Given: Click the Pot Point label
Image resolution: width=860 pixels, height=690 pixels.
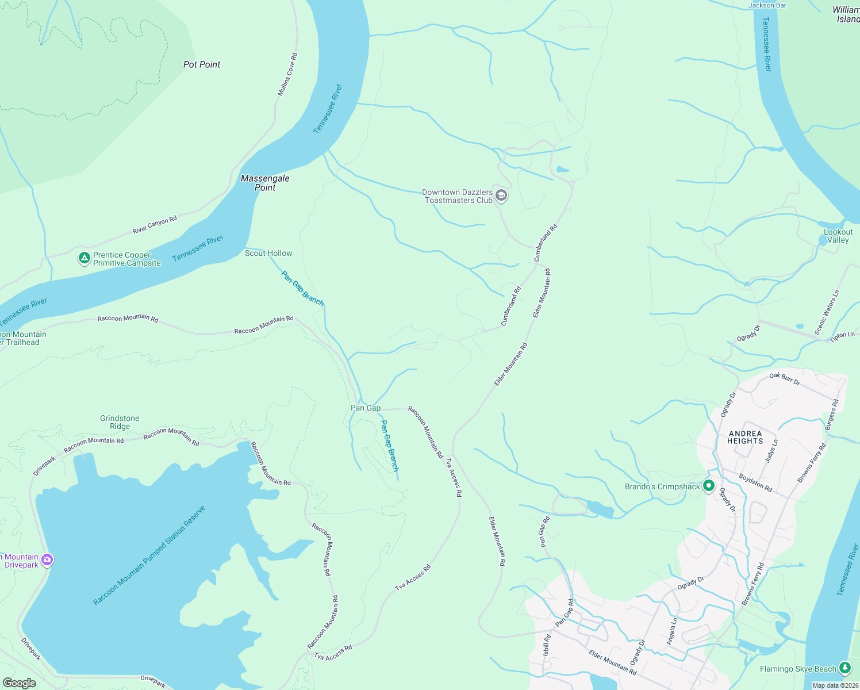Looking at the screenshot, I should (202, 64).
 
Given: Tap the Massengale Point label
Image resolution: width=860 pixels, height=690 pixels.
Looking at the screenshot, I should (265, 183).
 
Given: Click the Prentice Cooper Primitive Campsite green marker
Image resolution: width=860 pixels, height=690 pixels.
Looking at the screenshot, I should (85, 258).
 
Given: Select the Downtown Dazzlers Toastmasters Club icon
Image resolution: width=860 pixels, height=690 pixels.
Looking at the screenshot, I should (501, 196).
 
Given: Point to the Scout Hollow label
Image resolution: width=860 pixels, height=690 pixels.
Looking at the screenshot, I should (268, 253).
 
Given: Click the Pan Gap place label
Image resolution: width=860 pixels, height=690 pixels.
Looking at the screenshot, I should (366, 408).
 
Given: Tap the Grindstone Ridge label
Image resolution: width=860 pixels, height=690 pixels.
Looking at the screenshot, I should (120, 422).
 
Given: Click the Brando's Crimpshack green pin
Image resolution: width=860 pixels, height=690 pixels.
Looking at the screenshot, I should (709, 486).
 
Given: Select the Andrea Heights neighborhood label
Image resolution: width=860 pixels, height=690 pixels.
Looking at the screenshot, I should (745, 438).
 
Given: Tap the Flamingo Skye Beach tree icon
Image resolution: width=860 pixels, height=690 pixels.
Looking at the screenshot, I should (844, 668).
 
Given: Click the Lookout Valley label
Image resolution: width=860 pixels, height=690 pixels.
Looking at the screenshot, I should (838, 236).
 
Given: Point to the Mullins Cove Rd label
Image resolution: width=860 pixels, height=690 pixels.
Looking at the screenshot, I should (287, 74).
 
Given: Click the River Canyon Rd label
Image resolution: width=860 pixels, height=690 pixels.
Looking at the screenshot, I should (155, 225).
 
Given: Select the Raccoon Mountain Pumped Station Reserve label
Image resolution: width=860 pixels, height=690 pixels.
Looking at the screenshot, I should (149, 555).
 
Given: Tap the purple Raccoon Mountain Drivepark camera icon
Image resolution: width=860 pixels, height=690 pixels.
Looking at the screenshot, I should (47, 560).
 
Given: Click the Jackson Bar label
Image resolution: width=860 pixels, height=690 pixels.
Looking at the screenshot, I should (767, 5).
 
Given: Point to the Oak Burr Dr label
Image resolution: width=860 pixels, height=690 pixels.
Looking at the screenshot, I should (784, 378).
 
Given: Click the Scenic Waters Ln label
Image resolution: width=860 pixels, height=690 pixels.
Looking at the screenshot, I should (826, 312).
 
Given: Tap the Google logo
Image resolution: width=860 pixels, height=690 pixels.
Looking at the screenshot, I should (20, 683).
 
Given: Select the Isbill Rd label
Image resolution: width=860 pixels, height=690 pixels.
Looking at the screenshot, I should (547, 645).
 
